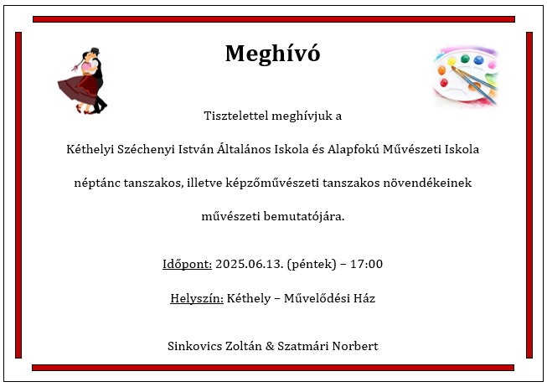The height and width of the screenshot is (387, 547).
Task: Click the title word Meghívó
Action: [272, 54]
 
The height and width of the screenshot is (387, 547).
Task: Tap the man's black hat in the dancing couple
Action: [95, 50]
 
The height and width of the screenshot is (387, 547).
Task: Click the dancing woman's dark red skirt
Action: [78, 89]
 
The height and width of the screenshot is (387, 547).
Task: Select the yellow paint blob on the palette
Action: [452, 62]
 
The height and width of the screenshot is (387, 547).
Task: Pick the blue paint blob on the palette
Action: [478, 60]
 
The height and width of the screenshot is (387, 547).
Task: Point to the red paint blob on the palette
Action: [444, 83]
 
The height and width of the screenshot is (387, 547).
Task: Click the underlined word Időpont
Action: [187, 264]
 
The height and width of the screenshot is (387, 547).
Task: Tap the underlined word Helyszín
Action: [197, 298]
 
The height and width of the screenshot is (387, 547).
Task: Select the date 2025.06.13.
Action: [249, 264]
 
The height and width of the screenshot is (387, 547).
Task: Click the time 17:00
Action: [366, 264]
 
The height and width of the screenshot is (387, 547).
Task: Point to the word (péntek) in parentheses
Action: [311, 264]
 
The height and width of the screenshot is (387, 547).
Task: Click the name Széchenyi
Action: [146, 149]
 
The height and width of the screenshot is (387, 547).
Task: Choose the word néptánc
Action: [97, 183]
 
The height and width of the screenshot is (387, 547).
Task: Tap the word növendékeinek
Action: [427, 183]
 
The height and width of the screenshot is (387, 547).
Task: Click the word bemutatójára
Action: [304, 216]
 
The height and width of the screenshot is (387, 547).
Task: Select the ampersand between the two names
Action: [270, 346]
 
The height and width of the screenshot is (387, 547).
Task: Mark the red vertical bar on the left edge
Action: [18, 195]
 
